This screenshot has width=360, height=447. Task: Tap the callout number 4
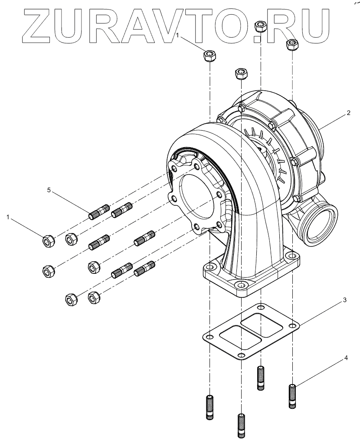tap(346, 358)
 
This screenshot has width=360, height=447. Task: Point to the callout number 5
tap(49, 190)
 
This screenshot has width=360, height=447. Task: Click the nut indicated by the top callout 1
tap(210, 56)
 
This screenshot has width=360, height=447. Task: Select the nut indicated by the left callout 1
tap(49, 240)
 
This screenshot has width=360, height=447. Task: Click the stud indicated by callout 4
tap(293, 396)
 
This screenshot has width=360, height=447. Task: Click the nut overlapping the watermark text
tap(260, 27)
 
